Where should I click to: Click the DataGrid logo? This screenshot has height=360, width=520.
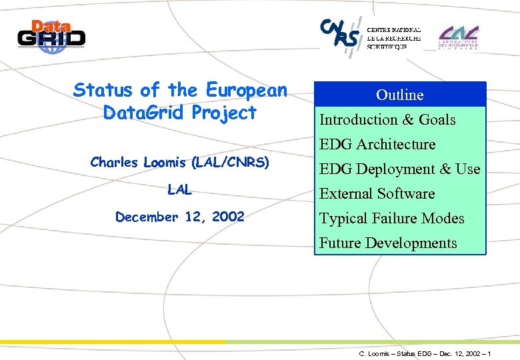pos(51,34)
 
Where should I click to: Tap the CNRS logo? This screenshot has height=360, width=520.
pos(340,33)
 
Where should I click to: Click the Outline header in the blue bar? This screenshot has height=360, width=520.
pos(399,95)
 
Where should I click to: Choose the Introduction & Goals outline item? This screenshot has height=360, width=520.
pos(387,120)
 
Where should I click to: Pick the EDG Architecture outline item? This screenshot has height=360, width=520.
pos(377,145)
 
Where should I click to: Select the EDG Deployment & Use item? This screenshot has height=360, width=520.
pos(399,169)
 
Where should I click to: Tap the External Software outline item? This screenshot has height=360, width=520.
pos(377,194)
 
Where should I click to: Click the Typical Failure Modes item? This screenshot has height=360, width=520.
pos(391,219)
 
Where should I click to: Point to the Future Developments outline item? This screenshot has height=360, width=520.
pos(388,243)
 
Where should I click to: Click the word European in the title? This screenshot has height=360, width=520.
pos(247,90)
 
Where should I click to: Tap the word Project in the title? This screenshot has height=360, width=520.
pos(223,113)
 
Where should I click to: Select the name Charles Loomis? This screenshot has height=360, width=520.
pos(139,162)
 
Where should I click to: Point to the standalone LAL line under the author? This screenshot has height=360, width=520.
pos(179,190)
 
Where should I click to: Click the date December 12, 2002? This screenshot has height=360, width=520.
pos(179,217)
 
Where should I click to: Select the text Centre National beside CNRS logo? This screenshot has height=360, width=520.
pos(393,29)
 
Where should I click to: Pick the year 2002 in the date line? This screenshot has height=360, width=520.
pos(228,217)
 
